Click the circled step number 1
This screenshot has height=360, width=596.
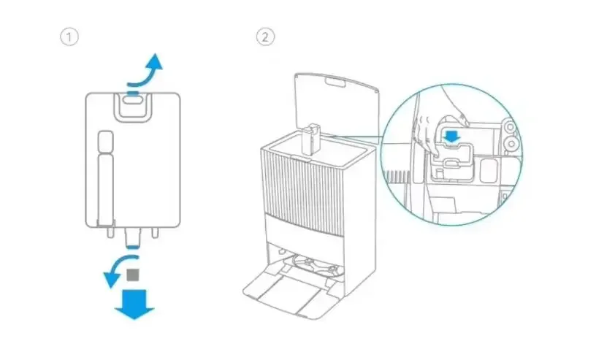click(69, 37)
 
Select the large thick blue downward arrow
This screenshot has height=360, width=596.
click(134, 304)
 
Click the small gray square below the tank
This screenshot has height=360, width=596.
click(133, 275)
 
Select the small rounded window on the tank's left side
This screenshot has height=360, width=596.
click(104, 140)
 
